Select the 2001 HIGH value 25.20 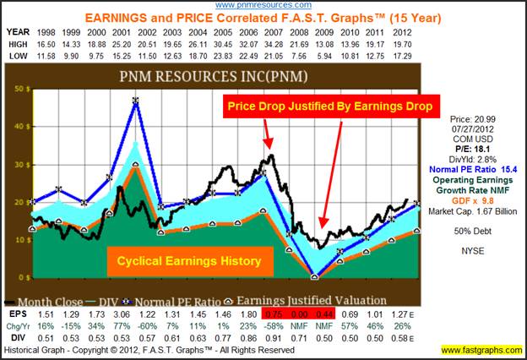coord(111,43)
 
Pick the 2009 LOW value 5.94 coord(319,55)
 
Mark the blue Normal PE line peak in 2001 coord(136,101)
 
